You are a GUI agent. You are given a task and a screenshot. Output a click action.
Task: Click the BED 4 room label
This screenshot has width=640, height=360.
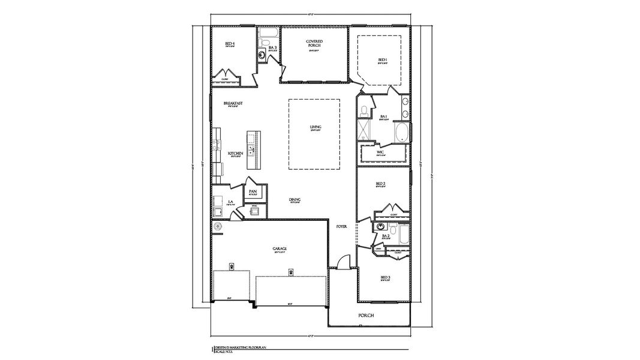(230, 44)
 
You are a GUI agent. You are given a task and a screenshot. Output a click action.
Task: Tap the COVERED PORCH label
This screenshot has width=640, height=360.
(315, 43)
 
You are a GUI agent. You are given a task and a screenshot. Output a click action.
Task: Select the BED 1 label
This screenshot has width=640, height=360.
(382, 59)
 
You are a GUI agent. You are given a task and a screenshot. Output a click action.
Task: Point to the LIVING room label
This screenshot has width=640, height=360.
(316, 127)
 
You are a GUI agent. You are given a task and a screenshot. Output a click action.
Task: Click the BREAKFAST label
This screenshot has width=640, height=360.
(233, 103)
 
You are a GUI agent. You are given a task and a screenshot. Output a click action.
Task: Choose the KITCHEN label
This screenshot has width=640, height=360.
(235, 154)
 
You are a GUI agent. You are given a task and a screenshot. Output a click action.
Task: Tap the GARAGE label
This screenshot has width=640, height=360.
(280, 248)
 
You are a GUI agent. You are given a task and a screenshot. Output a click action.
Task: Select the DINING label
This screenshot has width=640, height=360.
(295, 200)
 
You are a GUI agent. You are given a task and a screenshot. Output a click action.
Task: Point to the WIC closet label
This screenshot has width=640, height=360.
(380, 152)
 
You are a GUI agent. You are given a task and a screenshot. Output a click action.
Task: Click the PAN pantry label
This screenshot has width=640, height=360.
(253, 191)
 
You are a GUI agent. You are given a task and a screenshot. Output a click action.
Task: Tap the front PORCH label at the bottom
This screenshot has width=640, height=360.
(366, 315)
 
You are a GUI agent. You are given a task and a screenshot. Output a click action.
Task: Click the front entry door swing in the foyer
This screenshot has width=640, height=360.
(342, 262)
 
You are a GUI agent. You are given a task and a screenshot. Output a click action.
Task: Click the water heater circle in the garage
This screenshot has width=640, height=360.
(218, 226)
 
